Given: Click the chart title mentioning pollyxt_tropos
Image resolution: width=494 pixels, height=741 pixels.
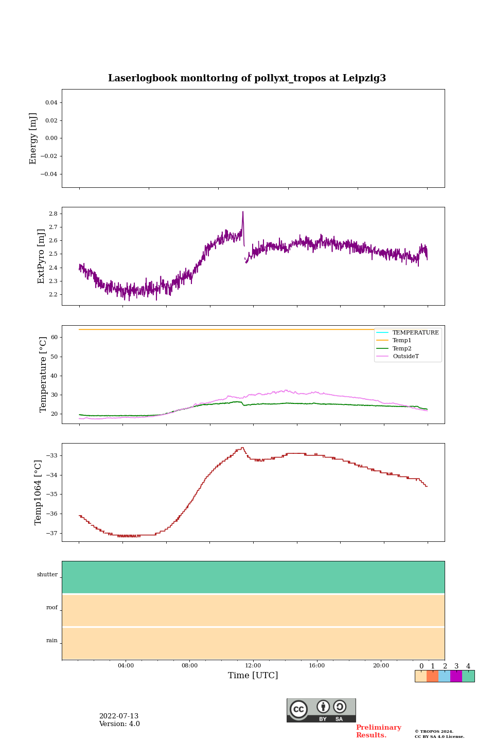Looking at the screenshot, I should coord(247,78).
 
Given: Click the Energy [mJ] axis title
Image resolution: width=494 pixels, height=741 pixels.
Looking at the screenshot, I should coord(33,138).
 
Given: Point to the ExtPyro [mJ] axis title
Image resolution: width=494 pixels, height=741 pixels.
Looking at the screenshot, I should coord(42,256).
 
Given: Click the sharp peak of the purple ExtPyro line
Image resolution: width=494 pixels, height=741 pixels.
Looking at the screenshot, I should coord(243,212).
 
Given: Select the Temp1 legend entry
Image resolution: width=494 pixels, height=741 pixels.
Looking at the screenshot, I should coord(402,341).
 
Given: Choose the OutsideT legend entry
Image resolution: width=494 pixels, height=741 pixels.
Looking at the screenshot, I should coord(405,357).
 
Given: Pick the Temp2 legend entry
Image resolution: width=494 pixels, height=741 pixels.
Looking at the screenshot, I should coord(402,348).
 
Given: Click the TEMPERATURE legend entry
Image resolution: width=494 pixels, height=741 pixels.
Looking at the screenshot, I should coord(415,333).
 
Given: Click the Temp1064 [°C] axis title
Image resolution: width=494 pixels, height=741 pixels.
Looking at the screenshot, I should coord(38,492).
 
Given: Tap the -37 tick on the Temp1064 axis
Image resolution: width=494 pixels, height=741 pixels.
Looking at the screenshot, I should coord(52,533).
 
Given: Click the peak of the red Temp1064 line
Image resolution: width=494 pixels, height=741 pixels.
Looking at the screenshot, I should coord(242,448).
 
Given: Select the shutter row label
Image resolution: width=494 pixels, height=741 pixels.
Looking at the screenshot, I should coord(47,575).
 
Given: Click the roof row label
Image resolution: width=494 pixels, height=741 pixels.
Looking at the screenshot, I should coord(52,608).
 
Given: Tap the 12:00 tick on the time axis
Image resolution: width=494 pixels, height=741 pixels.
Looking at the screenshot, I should coord(253,665).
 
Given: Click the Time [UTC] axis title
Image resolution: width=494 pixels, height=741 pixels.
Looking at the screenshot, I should coord(253,676).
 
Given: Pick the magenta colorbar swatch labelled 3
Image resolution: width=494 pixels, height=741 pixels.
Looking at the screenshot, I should coord(456,676).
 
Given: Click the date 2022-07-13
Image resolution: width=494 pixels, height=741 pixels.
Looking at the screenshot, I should coord(119,716).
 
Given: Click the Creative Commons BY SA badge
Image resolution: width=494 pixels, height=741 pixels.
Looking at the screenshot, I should coord(321,710).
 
